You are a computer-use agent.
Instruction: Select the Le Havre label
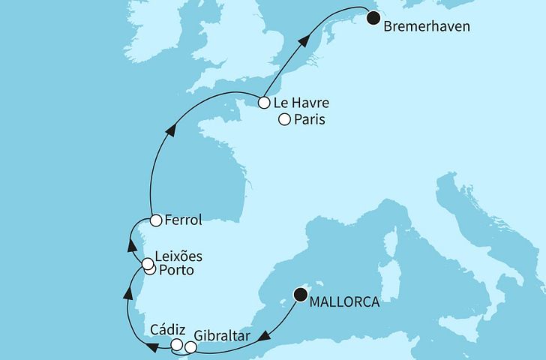(x=301, y=103)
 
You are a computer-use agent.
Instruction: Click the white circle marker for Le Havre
(x=264, y=103)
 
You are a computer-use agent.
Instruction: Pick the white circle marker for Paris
(x=284, y=119)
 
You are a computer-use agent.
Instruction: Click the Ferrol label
(x=183, y=220)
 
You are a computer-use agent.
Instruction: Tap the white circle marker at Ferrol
(x=155, y=220)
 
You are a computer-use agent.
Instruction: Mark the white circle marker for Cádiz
(x=178, y=346)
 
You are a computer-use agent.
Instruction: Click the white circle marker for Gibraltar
(x=190, y=348)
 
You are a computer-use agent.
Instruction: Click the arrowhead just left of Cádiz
(x=152, y=346)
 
